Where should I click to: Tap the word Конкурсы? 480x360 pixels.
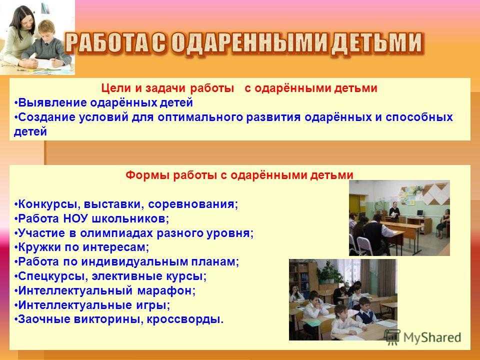click(48, 204)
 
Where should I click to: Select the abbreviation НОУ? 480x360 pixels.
click(75, 218)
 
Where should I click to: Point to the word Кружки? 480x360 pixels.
click(39, 247)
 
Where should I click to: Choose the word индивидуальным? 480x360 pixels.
click(134, 261)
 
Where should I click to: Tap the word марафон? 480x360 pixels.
click(166, 290)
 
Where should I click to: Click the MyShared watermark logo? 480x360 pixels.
click(423, 337)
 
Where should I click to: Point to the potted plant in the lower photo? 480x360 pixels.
click(329, 271)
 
